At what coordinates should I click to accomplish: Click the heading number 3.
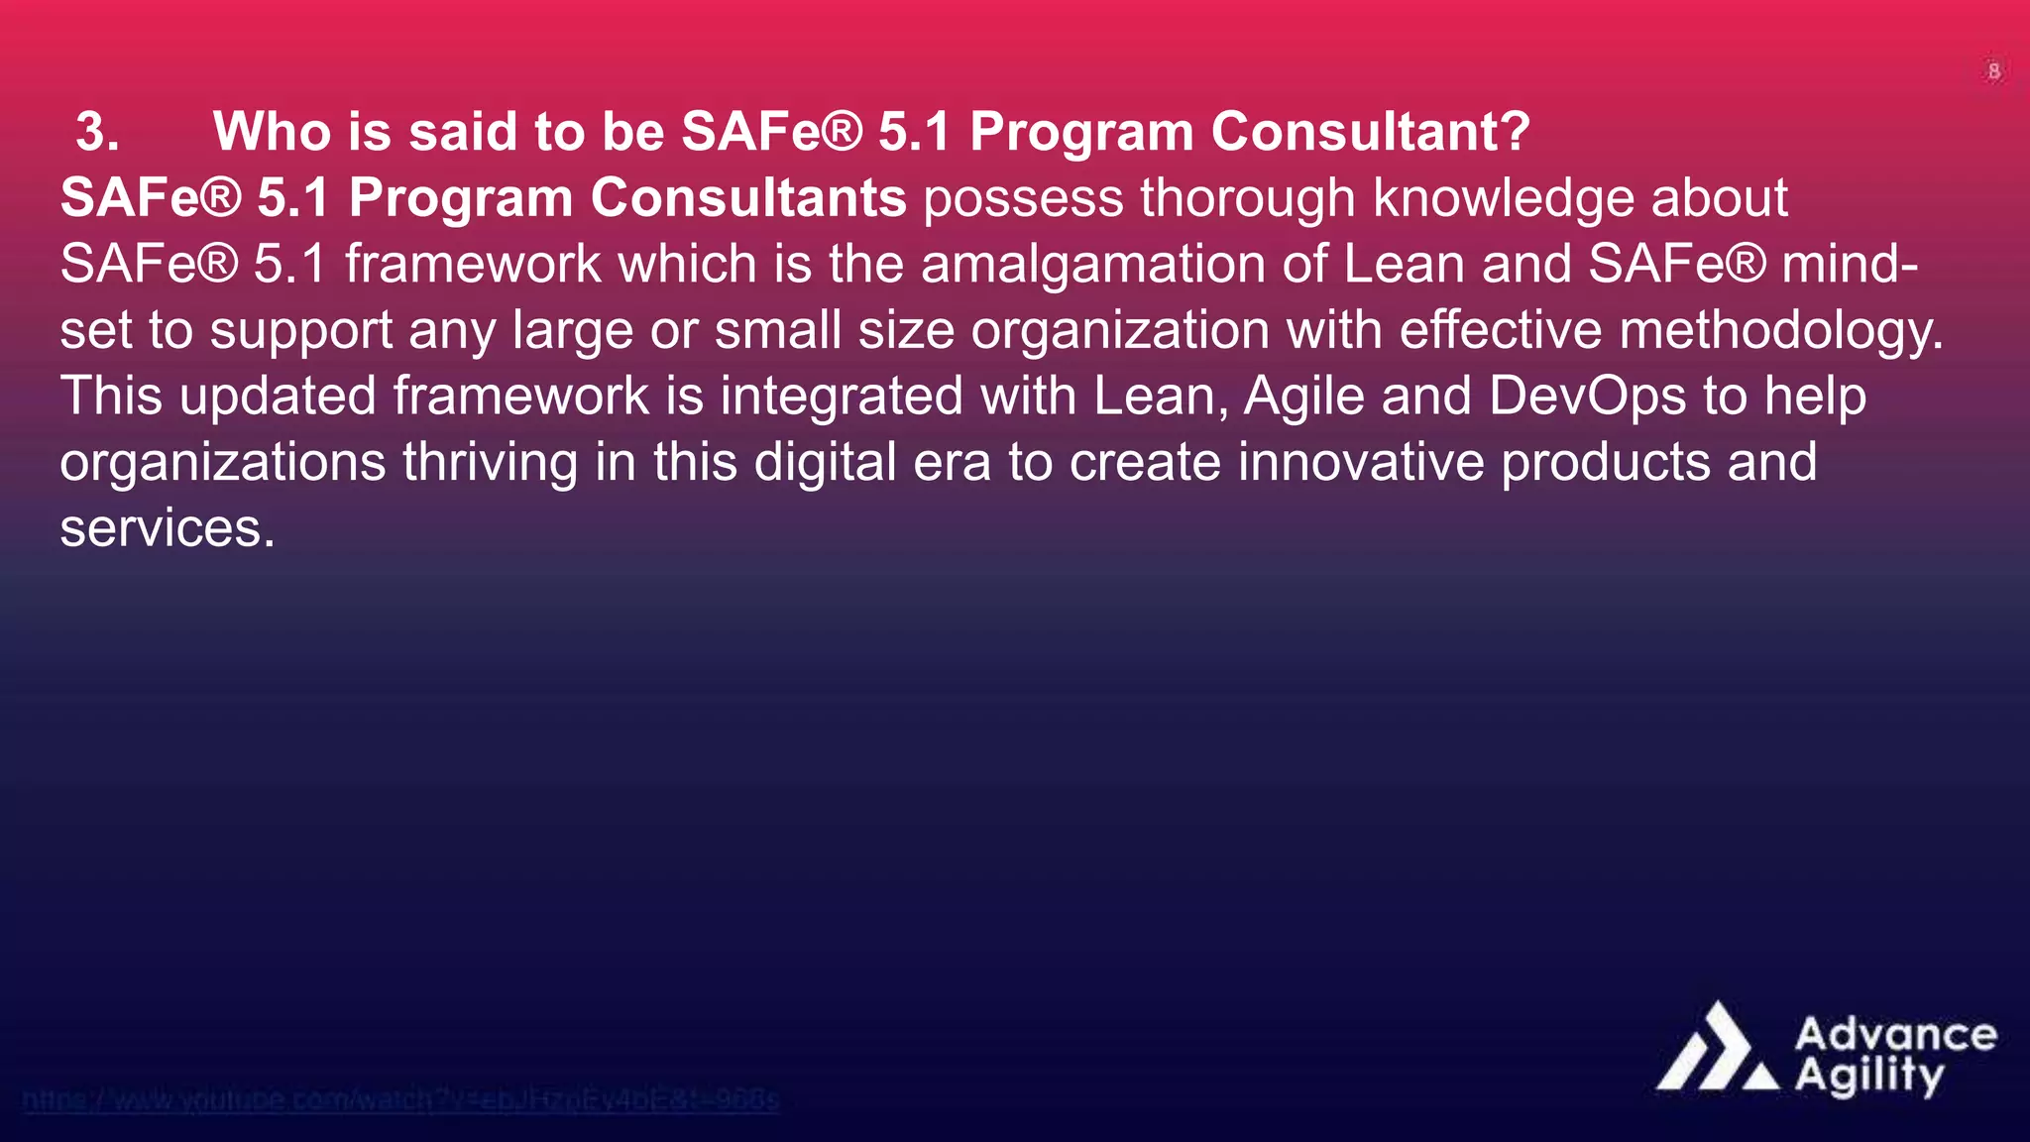pyautogui.click(x=97, y=132)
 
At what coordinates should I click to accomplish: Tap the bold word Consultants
pyautogui.click(x=748, y=198)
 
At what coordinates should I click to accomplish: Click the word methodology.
pyautogui.click(x=1780, y=331)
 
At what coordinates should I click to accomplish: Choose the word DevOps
pyautogui.click(x=1587, y=397)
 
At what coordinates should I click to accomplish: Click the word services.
pyautogui.click(x=167, y=528)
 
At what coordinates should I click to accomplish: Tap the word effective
pyautogui.click(x=1500, y=331)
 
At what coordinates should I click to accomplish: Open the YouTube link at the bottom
pyautogui.click(x=400, y=1099)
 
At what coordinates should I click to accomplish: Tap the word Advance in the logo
pyautogui.click(x=1895, y=1035)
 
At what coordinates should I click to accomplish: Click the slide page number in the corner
pyautogui.click(x=1993, y=71)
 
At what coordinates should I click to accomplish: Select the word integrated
pyautogui.click(x=841, y=397)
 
